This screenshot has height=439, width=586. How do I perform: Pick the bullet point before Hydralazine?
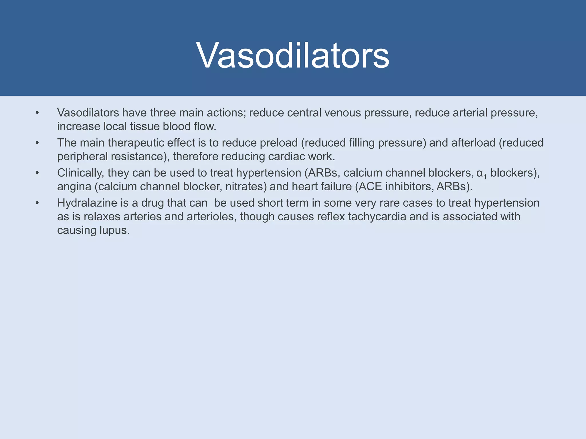coord(37,203)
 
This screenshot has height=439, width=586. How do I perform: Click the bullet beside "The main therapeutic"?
coord(37,143)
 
